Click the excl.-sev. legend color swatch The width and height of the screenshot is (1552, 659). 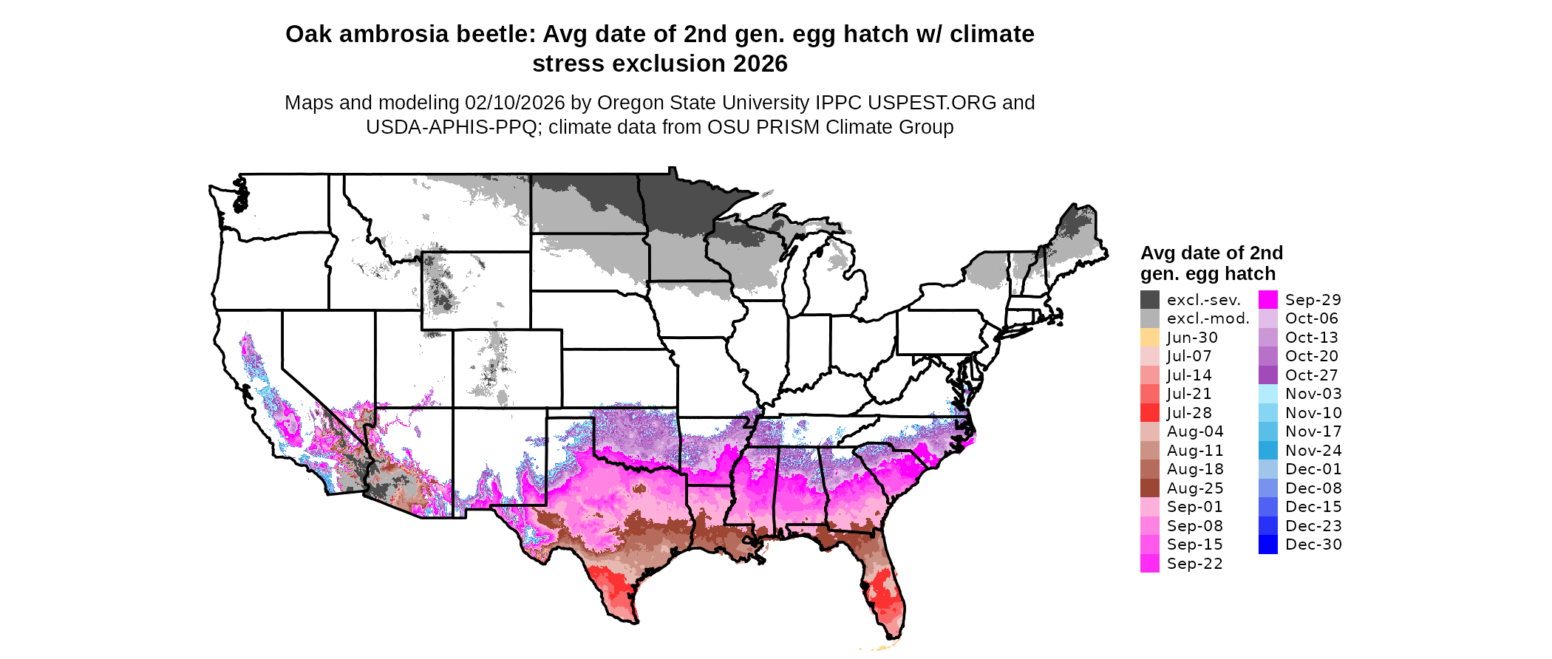(x=1149, y=300)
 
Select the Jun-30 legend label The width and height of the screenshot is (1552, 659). (x=1192, y=338)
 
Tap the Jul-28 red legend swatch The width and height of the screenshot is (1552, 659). (x=1149, y=413)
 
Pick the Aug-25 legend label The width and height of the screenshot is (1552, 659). (x=1195, y=488)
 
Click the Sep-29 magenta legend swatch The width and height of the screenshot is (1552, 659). (x=1267, y=300)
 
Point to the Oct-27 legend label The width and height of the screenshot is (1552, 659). (x=1311, y=375)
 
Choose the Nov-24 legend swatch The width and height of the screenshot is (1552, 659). (x=1267, y=451)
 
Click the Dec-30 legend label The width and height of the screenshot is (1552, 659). (x=1313, y=544)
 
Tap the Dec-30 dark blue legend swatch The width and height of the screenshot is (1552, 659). (x=1267, y=544)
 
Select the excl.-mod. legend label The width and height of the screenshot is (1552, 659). (x=1208, y=318)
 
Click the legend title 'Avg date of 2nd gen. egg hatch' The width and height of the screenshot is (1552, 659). (x=1211, y=263)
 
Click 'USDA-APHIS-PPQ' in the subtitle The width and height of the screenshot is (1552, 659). (x=451, y=127)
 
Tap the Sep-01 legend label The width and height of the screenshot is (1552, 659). (x=1194, y=507)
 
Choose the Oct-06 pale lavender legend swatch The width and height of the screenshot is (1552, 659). (x=1267, y=318)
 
